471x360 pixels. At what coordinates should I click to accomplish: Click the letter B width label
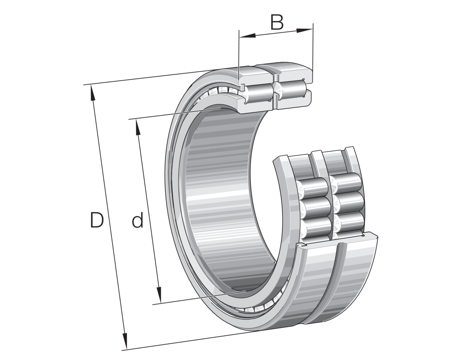(x=277, y=23)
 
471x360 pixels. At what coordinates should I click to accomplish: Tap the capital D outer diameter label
(x=97, y=220)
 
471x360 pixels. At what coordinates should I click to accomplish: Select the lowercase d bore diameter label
(x=137, y=221)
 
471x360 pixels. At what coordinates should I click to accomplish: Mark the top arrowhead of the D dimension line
(x=93, y=91)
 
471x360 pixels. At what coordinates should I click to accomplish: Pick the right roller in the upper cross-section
(x=292, y=89)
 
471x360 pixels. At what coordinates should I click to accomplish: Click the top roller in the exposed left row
(x=316, y=187)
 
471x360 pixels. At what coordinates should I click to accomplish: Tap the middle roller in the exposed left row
(x=316, y=205)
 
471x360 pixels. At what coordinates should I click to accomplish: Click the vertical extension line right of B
(x=313, y=47)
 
